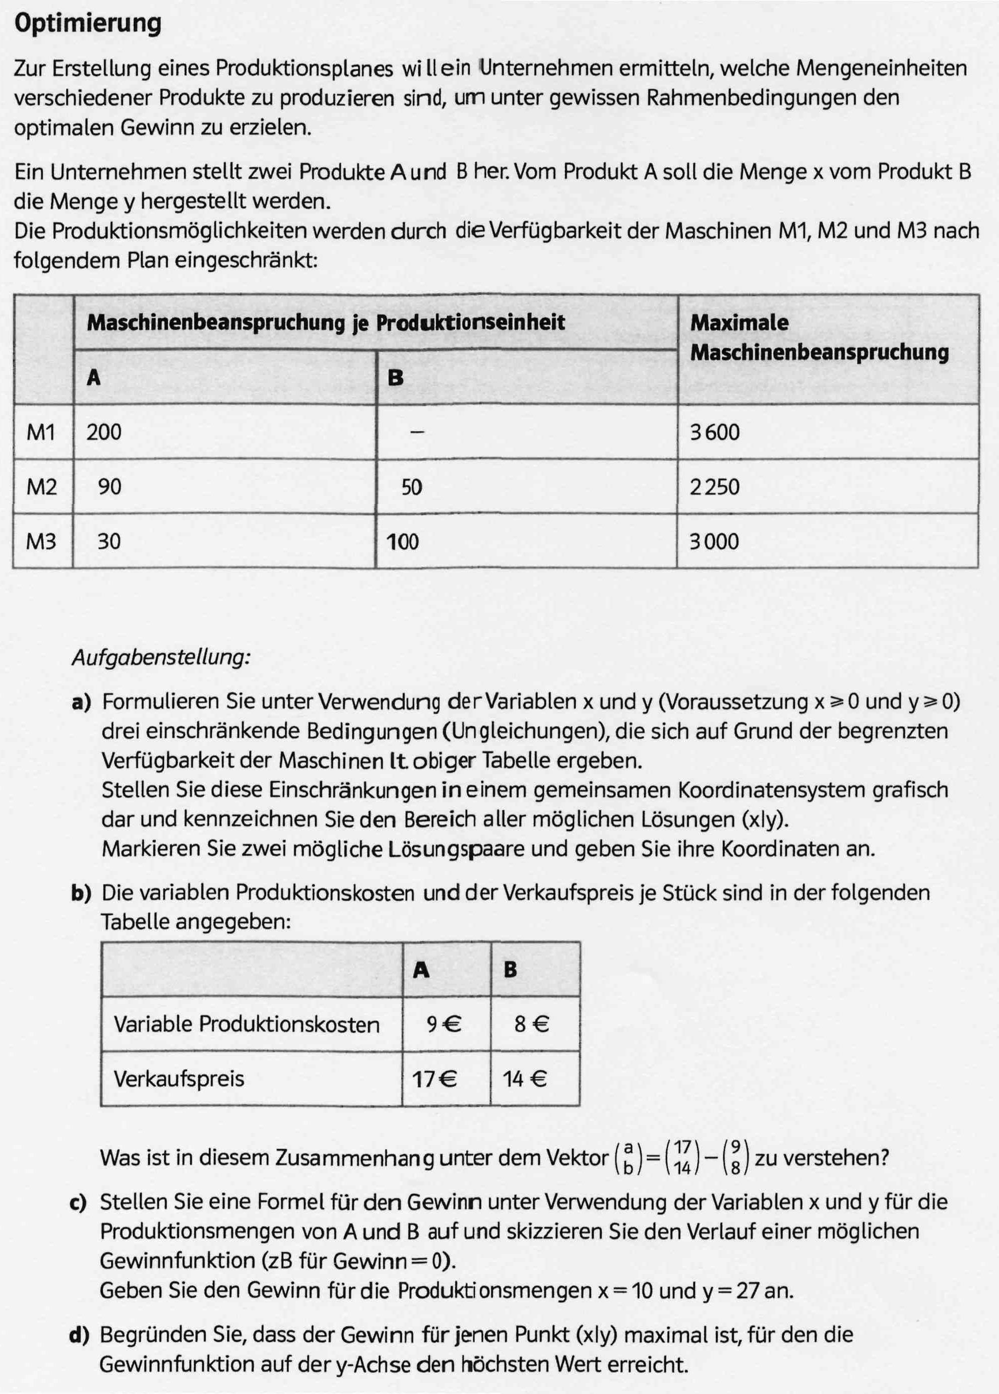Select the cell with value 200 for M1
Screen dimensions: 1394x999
[x=104, y=432]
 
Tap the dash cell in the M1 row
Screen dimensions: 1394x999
[x=417, y=432]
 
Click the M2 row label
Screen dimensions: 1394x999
[x=42, y=487]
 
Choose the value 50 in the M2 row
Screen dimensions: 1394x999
[x=411, y=487]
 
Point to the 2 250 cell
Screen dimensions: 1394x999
[x=714, y=487]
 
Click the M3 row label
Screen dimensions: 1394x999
[x=42, y=541]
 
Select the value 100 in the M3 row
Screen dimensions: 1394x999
[x=403, y=541]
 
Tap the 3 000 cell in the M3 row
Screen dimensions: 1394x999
[x=714, y=541]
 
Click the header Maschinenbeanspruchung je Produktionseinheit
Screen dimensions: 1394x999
[x=325, y=323]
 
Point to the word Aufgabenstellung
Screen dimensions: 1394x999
[x=161, y=658]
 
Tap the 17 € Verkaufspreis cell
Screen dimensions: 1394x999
[x=434, y=1080]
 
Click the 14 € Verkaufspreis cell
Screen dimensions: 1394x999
[x=524, y=1080]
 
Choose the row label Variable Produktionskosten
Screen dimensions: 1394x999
[x=246, y=1025]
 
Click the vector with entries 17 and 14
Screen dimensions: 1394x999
[x=682, y=1158]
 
